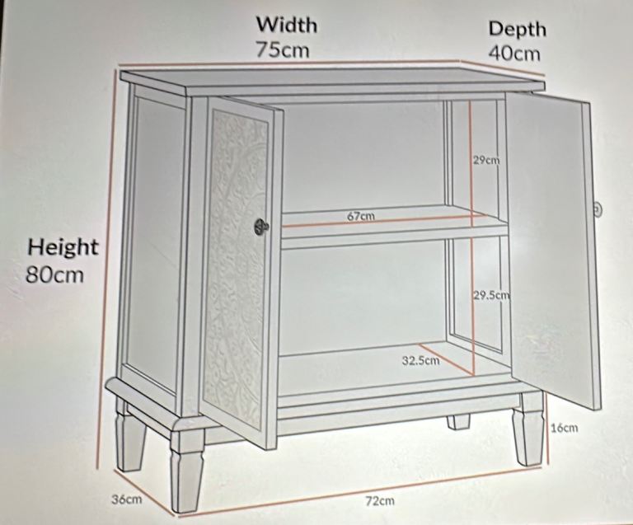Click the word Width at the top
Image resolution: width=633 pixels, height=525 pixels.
coord(287,25)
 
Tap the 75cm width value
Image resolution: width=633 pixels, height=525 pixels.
coord(283,49)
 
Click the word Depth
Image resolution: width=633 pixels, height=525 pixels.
coord(517,30)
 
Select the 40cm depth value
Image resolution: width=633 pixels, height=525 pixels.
coord(514,54)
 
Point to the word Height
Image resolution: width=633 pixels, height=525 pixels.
coord(63,247)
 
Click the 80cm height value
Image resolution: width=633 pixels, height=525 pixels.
coord(54,274)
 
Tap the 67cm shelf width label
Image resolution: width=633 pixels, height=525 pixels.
coord(361,216)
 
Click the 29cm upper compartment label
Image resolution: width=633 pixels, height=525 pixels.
coord(486,160)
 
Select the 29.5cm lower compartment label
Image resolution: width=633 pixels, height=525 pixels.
coord(492,295)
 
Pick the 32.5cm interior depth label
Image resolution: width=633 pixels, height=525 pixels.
coord(420,360)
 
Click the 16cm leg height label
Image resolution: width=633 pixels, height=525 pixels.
coord(565,428)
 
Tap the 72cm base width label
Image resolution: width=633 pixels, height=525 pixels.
coord(380,501)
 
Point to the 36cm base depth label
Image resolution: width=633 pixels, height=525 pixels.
coord(127,499)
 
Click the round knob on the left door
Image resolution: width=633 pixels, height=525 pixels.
coord(261,227)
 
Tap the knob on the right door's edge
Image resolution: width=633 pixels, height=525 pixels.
coord(598,209)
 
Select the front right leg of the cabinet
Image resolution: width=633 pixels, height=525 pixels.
coord(527,435)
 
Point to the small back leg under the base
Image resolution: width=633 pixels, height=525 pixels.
coord(458,422)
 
